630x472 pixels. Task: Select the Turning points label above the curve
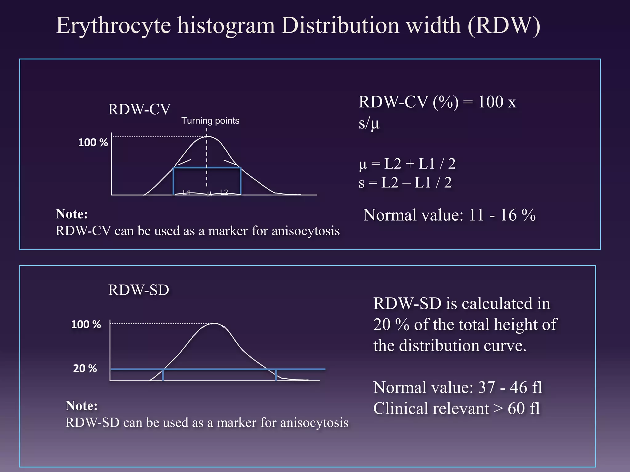point(210,121)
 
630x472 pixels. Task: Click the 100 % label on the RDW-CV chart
point(93,143)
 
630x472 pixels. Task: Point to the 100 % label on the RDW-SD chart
point(86,324)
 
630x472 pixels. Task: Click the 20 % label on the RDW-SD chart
point(85,368)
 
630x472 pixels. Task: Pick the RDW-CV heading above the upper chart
point(139,109)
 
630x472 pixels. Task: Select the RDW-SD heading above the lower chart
point(138,290)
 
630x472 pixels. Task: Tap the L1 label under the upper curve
point(186,193)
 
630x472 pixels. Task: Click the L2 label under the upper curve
point(224,192)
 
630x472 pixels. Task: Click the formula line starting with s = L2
point(405,183)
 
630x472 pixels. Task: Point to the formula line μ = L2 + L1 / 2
point(407,164)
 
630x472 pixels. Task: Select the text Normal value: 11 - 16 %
point(449,215)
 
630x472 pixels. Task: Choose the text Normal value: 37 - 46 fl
point(457,387)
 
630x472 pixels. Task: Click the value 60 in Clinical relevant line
point(516,409)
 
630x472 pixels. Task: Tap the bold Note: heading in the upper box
point(72,214)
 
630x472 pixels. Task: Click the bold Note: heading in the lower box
point(82,406)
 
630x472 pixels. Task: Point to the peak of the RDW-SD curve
point(214,324)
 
